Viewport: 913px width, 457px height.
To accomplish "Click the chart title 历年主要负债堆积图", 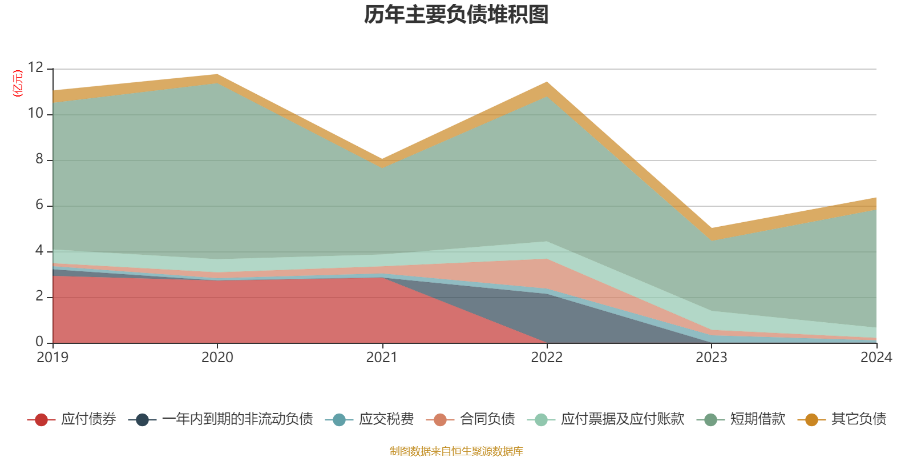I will click(x=457, y=15).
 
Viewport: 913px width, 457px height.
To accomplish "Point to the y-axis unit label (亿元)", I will click(x=18, y=83).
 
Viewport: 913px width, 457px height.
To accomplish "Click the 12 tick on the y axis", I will click(x=35, y=67).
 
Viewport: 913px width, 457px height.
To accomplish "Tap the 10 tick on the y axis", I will click(x=35, y=113).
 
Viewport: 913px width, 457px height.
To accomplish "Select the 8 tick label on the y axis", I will click(x=39, y=159).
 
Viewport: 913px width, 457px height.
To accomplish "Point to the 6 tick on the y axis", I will click(x=39, y=205).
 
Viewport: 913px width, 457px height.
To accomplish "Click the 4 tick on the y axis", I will click(x=39, y=250).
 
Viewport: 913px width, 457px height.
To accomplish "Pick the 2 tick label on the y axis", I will click(x=39, y=296).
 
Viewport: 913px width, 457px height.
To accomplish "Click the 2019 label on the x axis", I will click(x=52, y=358).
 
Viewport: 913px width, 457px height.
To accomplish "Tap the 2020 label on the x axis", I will click(x=217, y=358).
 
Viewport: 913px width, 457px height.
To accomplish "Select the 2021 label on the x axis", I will click(x=382, y=358).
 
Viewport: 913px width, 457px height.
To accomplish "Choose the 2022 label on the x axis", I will click(x=547, y=358).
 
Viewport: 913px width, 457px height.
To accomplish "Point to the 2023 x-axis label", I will click(x=711, y=358).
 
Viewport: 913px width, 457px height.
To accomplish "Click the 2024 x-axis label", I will click(x=876, y=358).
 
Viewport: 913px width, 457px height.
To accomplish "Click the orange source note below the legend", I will click(x=457, y=451).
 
